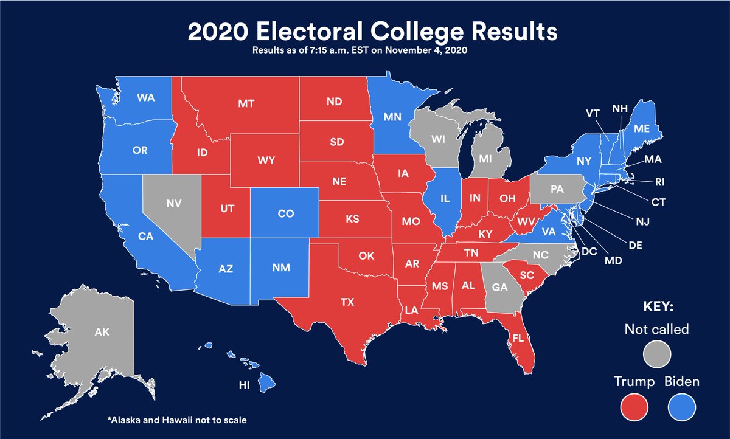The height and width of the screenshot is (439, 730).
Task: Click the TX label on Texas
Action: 347,302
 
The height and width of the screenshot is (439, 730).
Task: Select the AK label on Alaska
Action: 102,333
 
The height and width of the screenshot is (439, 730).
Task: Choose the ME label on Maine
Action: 642,129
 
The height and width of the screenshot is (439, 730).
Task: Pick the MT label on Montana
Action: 246,103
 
